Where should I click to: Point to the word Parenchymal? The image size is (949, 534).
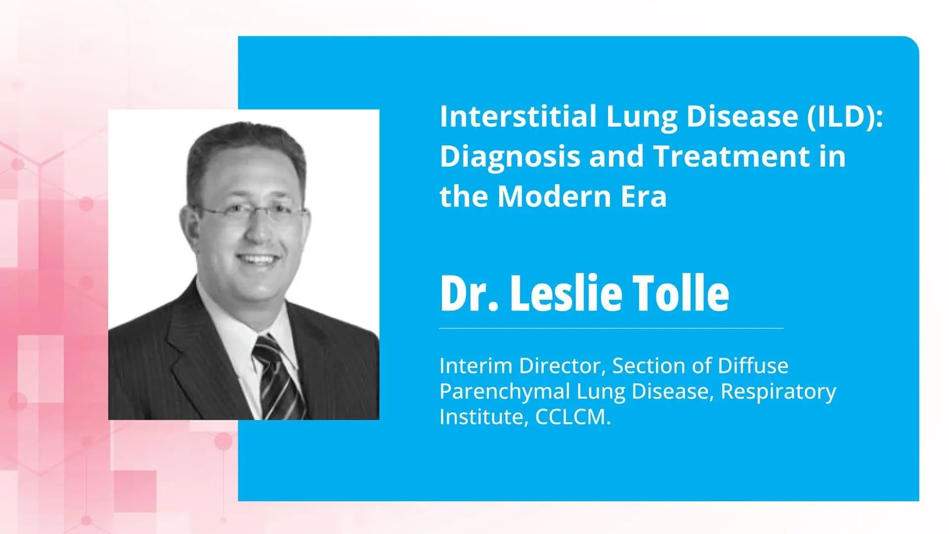click(505, 392)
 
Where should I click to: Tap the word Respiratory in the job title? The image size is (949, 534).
click(778, 391)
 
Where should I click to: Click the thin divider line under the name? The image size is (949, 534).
click(611, 328)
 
